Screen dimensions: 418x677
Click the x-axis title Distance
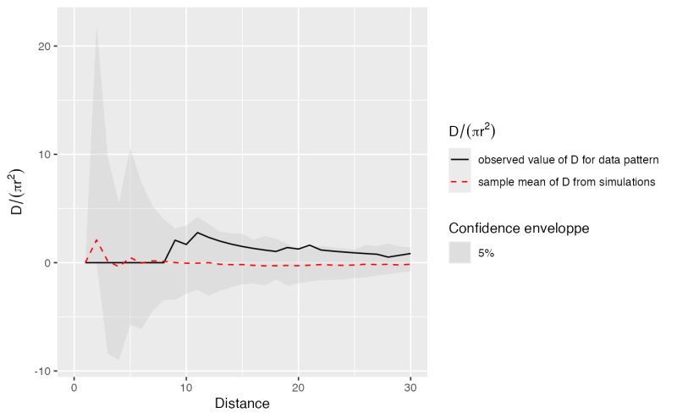click(242, 404)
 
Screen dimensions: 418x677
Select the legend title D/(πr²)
click(472, 131)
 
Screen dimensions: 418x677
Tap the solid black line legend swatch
click(460, 159)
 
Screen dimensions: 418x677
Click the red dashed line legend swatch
click(460, 182)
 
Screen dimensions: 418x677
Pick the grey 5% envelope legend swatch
click(460, 252)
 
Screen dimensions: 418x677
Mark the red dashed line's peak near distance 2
click(96, 239)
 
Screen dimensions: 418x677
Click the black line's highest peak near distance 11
click(197, 232)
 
